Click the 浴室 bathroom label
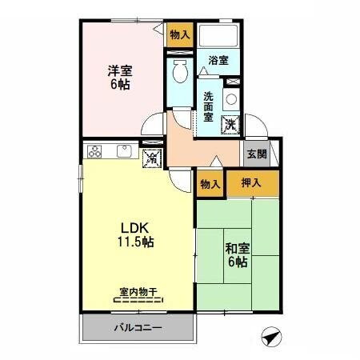pyautogui.click(x=218, y=59)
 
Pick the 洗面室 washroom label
pyautogui.click(x=208, y=106)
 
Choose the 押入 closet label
pyautogui.click(x=252, y=183)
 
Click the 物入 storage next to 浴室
pyautogui.click(x=179, y=35)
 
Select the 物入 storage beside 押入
pyautogui.click(x=210, y=184)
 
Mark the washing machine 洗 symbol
pyautogui.click(x=230, y=124)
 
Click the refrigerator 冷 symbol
pyautogui.click(x=151, y=158)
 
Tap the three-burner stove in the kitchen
pyautogui.click(x=95, y=150)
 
